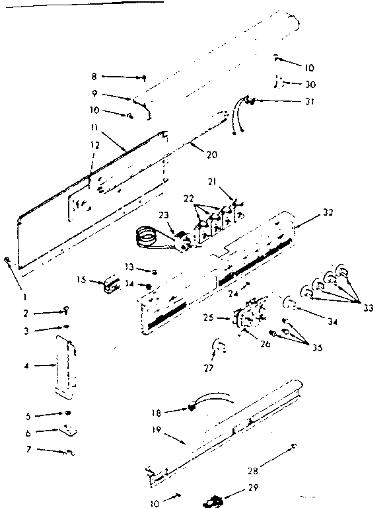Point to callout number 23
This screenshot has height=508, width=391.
tap(162, 214)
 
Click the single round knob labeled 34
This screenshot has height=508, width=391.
tap(289, 305)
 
